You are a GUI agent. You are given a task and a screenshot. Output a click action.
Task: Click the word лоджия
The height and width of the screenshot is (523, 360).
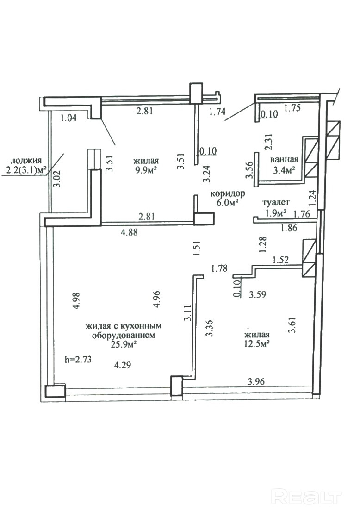pyautogui.click(x=26, y=160)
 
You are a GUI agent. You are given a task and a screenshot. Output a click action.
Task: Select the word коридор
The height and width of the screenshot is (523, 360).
pyautogui.click(x=228, y=193)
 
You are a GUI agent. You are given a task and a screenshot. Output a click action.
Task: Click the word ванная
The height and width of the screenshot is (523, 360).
pyautogui.click(x=284, y=159)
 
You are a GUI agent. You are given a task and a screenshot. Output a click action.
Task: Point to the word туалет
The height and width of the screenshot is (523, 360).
pyautogui.click(x=276, y=202)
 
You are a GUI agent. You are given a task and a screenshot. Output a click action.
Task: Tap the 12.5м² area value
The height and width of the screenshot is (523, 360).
pyautogui.click(x=257, y=343)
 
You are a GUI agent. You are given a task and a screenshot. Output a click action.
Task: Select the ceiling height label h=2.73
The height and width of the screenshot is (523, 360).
pyautogui.click(x=78, y=360)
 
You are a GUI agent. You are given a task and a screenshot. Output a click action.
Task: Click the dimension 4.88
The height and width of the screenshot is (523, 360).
pyautogui.click(x=129, y=232)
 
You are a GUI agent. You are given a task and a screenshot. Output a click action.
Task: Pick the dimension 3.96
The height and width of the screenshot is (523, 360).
pyautogui.click(x=256, y=381)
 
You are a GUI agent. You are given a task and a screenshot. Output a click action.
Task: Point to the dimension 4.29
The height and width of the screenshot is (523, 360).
pyautogui.click(x=122, y=365)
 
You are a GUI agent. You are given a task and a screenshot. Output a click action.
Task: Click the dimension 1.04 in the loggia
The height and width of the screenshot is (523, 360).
pyautogui.click(x=68, y=118)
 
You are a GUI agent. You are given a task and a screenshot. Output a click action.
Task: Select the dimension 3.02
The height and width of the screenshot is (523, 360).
pyautogui.click(x=58, y=179)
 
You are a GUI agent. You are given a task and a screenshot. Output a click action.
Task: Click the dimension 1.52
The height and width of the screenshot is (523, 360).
pyautogui.click(x=280, y=260)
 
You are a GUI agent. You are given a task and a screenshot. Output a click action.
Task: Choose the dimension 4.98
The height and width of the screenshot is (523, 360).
pyautogui.click(x=76, y=301)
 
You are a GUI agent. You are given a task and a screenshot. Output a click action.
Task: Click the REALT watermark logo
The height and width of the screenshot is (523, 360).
pyautogui.click(x=306, y=497)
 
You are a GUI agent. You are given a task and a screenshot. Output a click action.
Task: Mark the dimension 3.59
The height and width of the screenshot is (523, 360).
pyautogui.click(x=258, y=294)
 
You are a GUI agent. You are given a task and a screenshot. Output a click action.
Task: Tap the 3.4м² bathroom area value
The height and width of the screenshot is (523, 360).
pyautogui.click(x=284, y=170)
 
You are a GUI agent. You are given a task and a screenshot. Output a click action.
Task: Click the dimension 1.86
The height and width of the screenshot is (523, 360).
pyautogui.click(x=289, y=228)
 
